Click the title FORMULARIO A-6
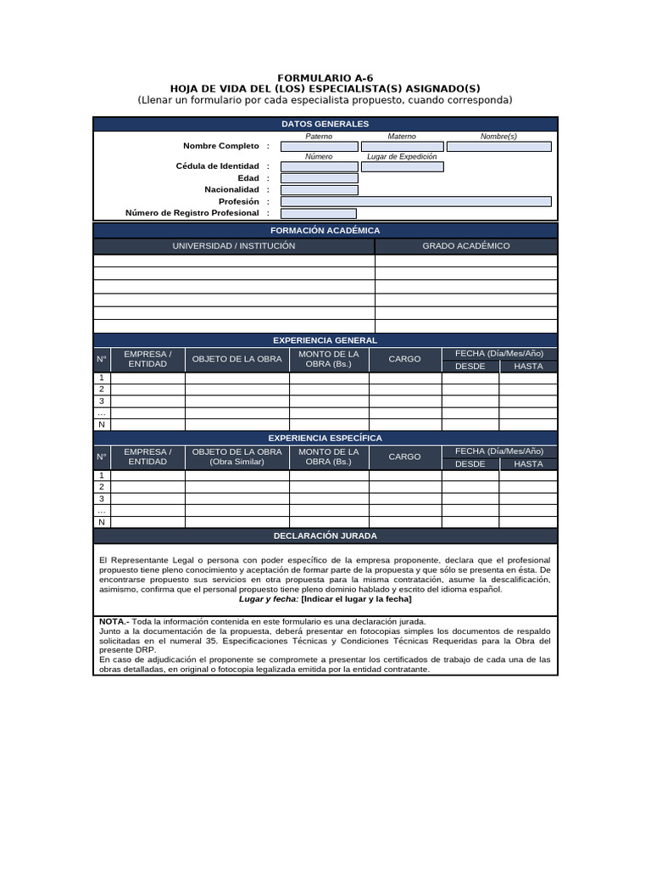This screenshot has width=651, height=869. pyautogui.click(x=325, y=77)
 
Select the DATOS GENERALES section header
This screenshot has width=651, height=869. pyautogui.click(x=325, y=124)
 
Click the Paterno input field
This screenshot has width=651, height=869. pyautogui.click(x=319, y=146)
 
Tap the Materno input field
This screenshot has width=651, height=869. pyautogui.click(x=402, y=146)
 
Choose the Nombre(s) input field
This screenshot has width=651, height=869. pyautogui.click(x=498, y=146)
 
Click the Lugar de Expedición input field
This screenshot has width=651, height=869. pyautogui.click(x=402, y=166)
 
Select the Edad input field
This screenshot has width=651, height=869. pyautogui.click(x=319, y=178)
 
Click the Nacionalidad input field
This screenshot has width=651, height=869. pyautogui.click(x=319, y=190)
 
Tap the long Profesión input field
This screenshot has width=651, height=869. pyautogui.click(x=415, y=202)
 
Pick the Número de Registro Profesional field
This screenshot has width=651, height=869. pyautogui.click(x=319, y=214)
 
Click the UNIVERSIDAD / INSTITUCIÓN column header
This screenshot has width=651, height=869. pyautogui.click(x=234, y=246)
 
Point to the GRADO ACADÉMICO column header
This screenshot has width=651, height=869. pyautogui.click(x=466, y=246)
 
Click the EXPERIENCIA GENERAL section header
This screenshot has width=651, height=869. pyautogui.click(x=325, y=340)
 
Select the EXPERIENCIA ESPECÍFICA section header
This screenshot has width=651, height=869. pyautogui.click(x=325, y=438)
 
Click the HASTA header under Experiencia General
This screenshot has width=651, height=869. pyautogui.click(x=528, y=367)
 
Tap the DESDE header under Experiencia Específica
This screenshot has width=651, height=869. pyautogui.click(x=470, y=464)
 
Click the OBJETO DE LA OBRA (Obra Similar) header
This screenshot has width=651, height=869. pyautogui.click(x=237, y=457)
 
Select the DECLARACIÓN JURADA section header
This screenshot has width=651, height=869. pyautogui.click(x=325, y=536)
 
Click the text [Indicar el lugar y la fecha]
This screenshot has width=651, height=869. pyautogui.click(x=356, y=599)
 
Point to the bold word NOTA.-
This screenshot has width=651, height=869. pyautogui.click(x=114, y=622)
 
